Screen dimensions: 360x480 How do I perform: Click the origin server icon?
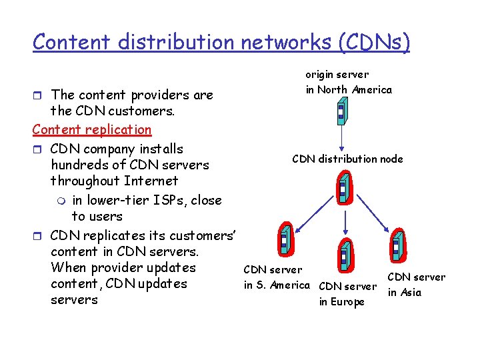click(x=341, y=111)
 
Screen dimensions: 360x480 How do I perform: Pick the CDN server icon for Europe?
click(x=344, y=254)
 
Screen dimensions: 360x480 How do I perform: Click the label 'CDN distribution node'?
click(x=347, y=159)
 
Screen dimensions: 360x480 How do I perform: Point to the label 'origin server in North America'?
click(x=349, y=82)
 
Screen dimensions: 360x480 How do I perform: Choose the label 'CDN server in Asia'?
click(x=416, y=284)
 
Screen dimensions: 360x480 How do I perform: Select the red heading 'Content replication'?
click(x=92, y=129)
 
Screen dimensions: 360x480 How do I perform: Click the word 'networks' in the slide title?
click(x=286, y=42)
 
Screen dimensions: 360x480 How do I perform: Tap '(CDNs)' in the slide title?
click(x=373, y=42)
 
